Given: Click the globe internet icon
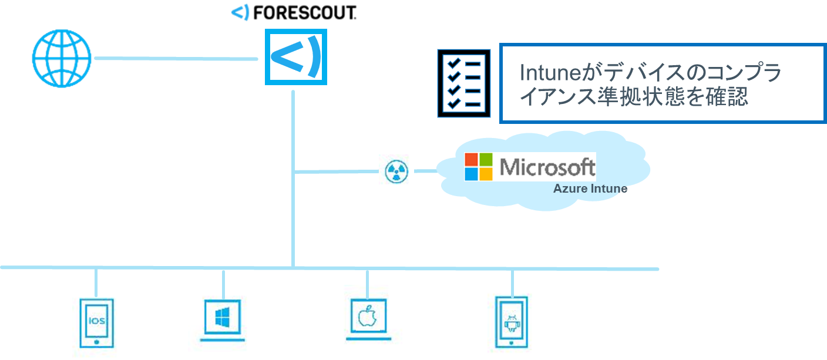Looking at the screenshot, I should [62, 59].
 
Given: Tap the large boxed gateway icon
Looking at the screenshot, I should [295, 57].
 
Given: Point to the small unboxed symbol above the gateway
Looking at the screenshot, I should [240, 12].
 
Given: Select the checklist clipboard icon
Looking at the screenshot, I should [463, 83].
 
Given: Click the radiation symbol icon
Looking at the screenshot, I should [396, 171].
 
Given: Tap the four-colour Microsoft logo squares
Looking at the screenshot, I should [479, 167].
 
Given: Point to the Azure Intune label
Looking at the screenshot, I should [590, 189].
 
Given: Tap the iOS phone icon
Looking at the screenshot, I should [97, 322].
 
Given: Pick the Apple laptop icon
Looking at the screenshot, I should [367, 318].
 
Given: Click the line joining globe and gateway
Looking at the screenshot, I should [176, 58].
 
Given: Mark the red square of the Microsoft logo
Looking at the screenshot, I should [472, 160].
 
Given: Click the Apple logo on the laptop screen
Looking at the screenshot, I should [367, 315].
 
